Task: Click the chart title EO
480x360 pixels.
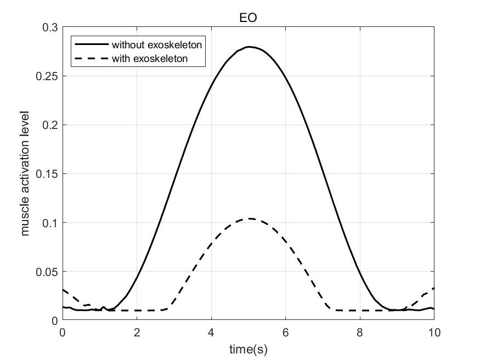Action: click(249, 18)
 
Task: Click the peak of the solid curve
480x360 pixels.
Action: click(249, 47)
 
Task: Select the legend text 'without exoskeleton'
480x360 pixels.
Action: click(157, 44)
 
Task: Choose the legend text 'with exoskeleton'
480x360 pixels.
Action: click(150, 58)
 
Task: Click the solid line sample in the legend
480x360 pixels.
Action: click(91, 44)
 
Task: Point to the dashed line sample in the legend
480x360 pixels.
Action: click(91, 58)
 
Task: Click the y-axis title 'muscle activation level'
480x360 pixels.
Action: click(25, 173)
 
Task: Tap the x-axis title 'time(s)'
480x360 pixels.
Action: click(248, 348)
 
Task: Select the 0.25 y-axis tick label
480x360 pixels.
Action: click(48, 76)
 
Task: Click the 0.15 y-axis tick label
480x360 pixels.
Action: click(48, 174)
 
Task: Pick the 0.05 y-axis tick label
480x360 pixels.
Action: click(48, 272)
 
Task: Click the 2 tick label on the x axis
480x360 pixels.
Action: click(137, 332)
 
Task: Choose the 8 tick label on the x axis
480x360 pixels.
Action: click(360, 332)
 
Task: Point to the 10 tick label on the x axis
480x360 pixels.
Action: click(434, 332)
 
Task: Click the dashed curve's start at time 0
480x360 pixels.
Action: click(63, 290)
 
